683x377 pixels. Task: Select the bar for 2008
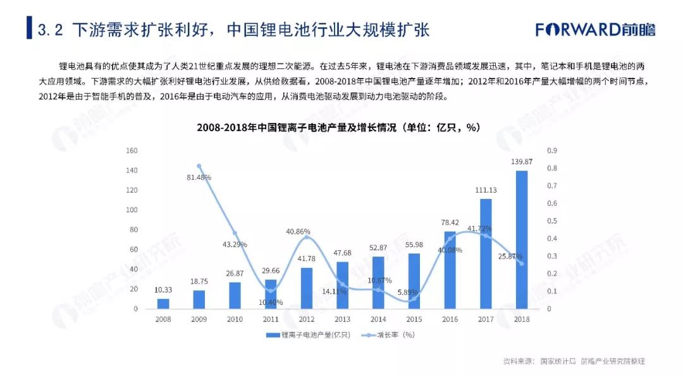point(163,304)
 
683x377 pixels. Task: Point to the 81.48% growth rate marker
point(199,166)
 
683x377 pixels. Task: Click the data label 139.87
point(521,162)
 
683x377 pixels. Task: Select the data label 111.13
point(486,190)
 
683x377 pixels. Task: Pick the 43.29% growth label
point(235,244)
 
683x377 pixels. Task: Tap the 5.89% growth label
point(414,292)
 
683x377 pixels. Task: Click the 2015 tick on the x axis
point(414,318)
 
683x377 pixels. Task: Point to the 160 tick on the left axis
point(132,151)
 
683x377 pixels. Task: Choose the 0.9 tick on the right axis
point(551,151)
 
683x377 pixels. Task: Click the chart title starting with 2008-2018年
point(338,127)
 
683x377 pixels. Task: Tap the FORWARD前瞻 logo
point(595,29)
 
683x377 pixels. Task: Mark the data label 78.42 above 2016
point(450,222)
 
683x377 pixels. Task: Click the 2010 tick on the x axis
point(235,318)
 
